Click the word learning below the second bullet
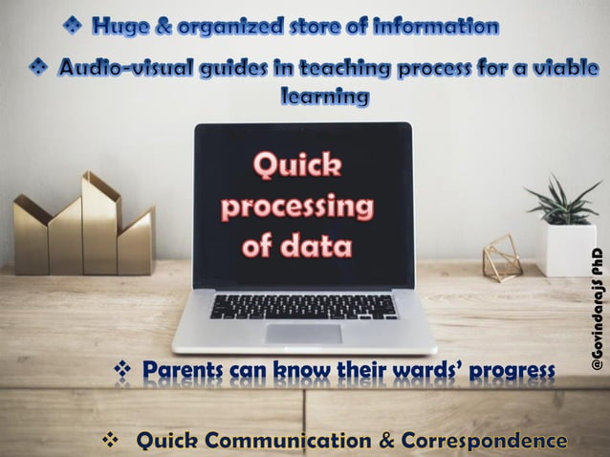point(324,97)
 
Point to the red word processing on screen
point(297,207)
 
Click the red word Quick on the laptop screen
point(296,167)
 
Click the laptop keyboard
point(304,306)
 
